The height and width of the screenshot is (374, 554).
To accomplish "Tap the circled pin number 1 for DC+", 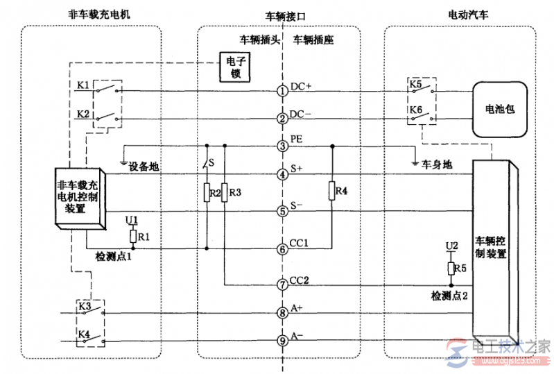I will pyautogui.click(x=282, y=91).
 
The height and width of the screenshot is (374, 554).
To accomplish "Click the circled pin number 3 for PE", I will pyautogui.click(x=282, y=146).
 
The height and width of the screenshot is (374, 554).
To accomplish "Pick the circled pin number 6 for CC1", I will pyautogui.click(x=282, y=248).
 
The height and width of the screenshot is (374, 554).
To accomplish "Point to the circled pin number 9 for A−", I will pyautogui.click(x=282, y=340).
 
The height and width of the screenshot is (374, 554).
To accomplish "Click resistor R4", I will pyautogui.click(x=332, y=192).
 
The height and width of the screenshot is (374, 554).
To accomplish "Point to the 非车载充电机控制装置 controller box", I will pyautogui.click(x=79, y=198).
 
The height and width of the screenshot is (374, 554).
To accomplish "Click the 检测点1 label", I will pyautogui.click(x=116, y=257).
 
